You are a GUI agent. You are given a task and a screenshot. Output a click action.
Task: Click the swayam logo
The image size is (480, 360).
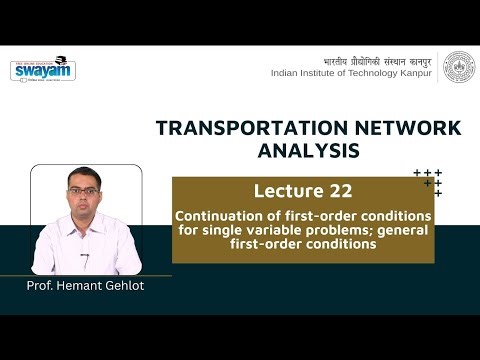[x=43, y=69]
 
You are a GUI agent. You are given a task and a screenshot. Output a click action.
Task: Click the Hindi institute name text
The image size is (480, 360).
[x=379, y=57]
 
